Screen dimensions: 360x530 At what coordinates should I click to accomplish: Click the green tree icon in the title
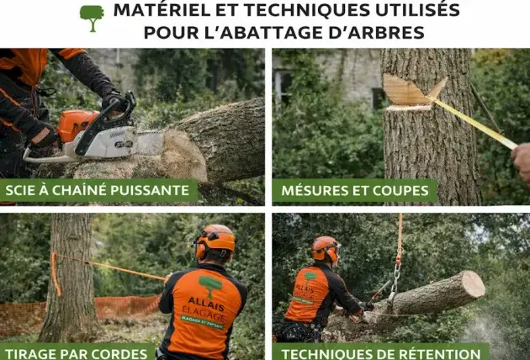[92, 16]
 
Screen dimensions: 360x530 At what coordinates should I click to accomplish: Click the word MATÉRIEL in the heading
[158, 11]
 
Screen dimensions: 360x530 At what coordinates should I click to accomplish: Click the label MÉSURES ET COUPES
[353, 190]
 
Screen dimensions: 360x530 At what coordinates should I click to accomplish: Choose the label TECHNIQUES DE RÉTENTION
[380, 352]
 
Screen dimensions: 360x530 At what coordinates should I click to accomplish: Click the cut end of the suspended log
[473, 283]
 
